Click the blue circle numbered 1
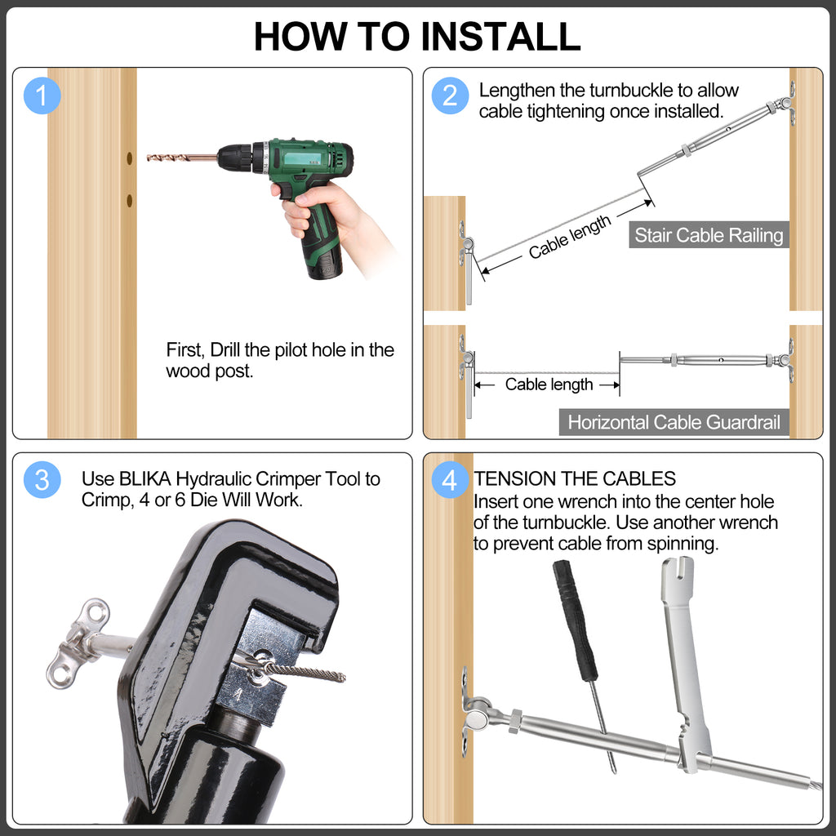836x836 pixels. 42,96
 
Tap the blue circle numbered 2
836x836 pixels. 450,96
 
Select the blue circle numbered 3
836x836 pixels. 42,480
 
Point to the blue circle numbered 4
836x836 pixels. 450,480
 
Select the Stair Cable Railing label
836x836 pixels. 709,236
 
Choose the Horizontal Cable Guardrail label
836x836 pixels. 674,422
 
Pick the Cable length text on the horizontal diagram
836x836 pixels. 549,385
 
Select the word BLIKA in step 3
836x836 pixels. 146,479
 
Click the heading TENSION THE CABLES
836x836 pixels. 575,478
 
